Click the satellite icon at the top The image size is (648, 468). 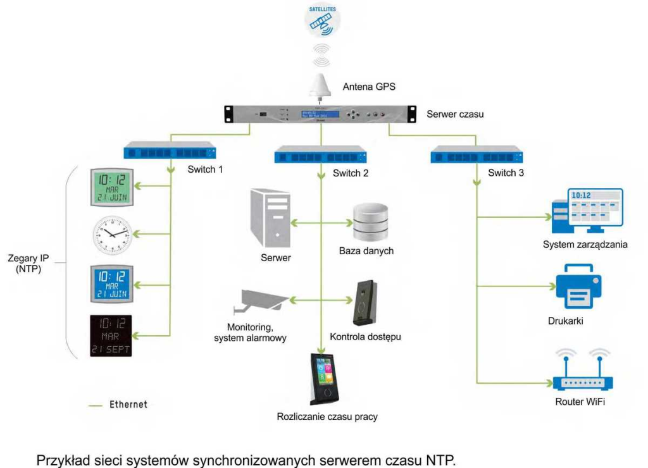(x=324, y=20)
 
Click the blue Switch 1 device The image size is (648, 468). (x=170, y=152)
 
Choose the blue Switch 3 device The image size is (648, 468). (x=476, y=154)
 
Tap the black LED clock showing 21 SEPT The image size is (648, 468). (x=111, y=335)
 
